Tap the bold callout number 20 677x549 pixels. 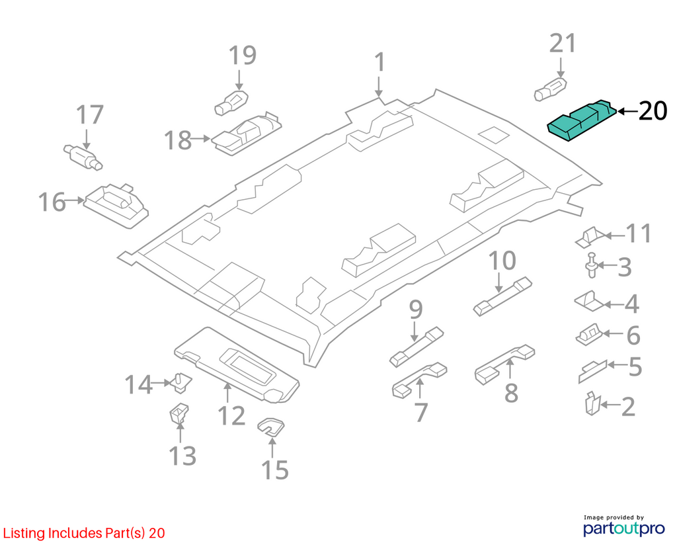pos(653,112)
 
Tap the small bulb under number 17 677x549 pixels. pos(83,156)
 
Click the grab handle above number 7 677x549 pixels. pos(419,379)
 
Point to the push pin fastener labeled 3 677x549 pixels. pos(592,266)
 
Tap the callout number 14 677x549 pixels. pos(139,384)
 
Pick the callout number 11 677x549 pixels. pos(639,233)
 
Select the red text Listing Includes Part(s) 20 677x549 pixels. pos(84,533)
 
